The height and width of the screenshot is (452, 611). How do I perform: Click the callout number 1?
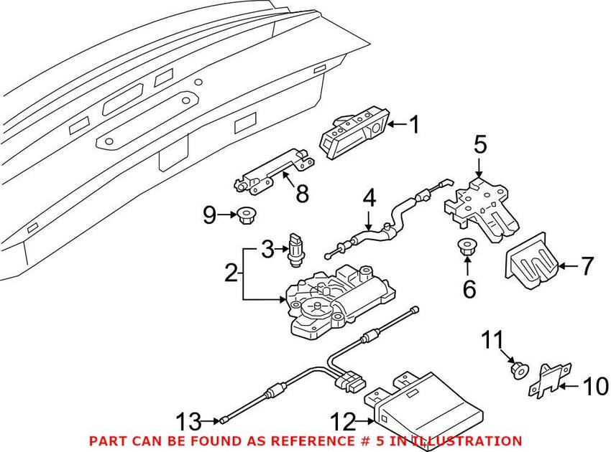[x=413, y=126]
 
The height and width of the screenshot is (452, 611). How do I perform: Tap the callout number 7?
[x=587, y=267]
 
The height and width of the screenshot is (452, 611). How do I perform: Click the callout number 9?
[x=209, y=215]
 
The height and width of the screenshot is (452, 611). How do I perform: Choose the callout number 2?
[x=231, y=273]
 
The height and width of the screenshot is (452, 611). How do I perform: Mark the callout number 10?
[x=595, y=387]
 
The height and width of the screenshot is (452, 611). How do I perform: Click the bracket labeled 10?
[x=550, y=379]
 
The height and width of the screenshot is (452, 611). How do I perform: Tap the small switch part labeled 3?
[x=296, y=246]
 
